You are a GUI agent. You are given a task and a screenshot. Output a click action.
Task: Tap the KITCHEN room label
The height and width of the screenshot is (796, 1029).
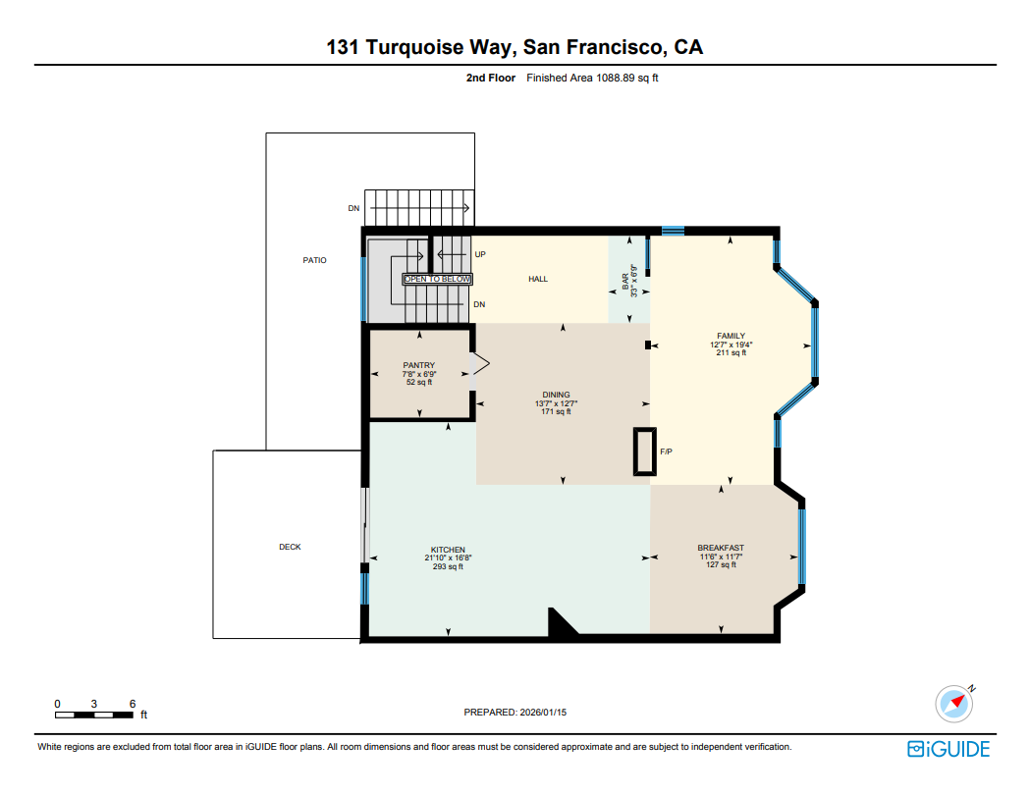pyautogui.click(x=448, y=550)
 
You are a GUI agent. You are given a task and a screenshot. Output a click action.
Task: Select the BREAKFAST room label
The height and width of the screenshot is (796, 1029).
pyautogui.click(x=721, y=548)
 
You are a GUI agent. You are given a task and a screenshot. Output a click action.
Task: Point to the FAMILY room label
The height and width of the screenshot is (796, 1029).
pyautogui.click(x=731, y=337)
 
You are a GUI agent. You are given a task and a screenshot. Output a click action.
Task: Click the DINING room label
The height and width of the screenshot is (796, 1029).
pyautogui.click(x=556, y=396)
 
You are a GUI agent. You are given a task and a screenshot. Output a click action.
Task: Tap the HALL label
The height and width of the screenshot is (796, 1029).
pyautogui.click(x=538, y=280)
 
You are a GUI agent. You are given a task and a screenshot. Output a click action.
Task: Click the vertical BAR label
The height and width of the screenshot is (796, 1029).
pyautogui.click(x=625, y=280)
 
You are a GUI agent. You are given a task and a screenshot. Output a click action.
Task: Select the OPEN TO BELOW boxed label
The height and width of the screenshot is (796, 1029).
pyautogui.click(x=438, y=280)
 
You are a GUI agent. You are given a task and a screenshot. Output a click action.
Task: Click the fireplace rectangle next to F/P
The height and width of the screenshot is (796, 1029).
pyautogui.click(x=644, y=452)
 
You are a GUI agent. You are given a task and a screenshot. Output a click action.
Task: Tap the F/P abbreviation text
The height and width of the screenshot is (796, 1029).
pyautogui.click(x=666, y=452)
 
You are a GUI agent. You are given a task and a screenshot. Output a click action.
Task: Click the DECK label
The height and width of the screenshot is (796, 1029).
pyautogui.click(x=290, y=547)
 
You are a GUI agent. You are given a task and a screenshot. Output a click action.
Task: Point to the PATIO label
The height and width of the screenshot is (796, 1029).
pyautogui.click(x=314, y=260)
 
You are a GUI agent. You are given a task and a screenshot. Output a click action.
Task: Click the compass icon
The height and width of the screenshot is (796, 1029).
pyautogui.click(x=953, y=704)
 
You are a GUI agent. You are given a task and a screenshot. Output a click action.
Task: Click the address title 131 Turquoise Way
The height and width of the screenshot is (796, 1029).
pyautogui.click(x=514, y=47)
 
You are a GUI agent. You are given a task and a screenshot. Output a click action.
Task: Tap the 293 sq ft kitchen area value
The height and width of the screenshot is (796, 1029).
pyautogui.click(x=448, y=566)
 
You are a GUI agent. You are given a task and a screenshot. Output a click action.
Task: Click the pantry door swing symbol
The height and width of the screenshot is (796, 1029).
pyautogui.click(x=481, y=365)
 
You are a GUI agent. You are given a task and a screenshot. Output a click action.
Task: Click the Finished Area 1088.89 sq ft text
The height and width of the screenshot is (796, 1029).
pyautogui.click(x=592, y=78)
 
